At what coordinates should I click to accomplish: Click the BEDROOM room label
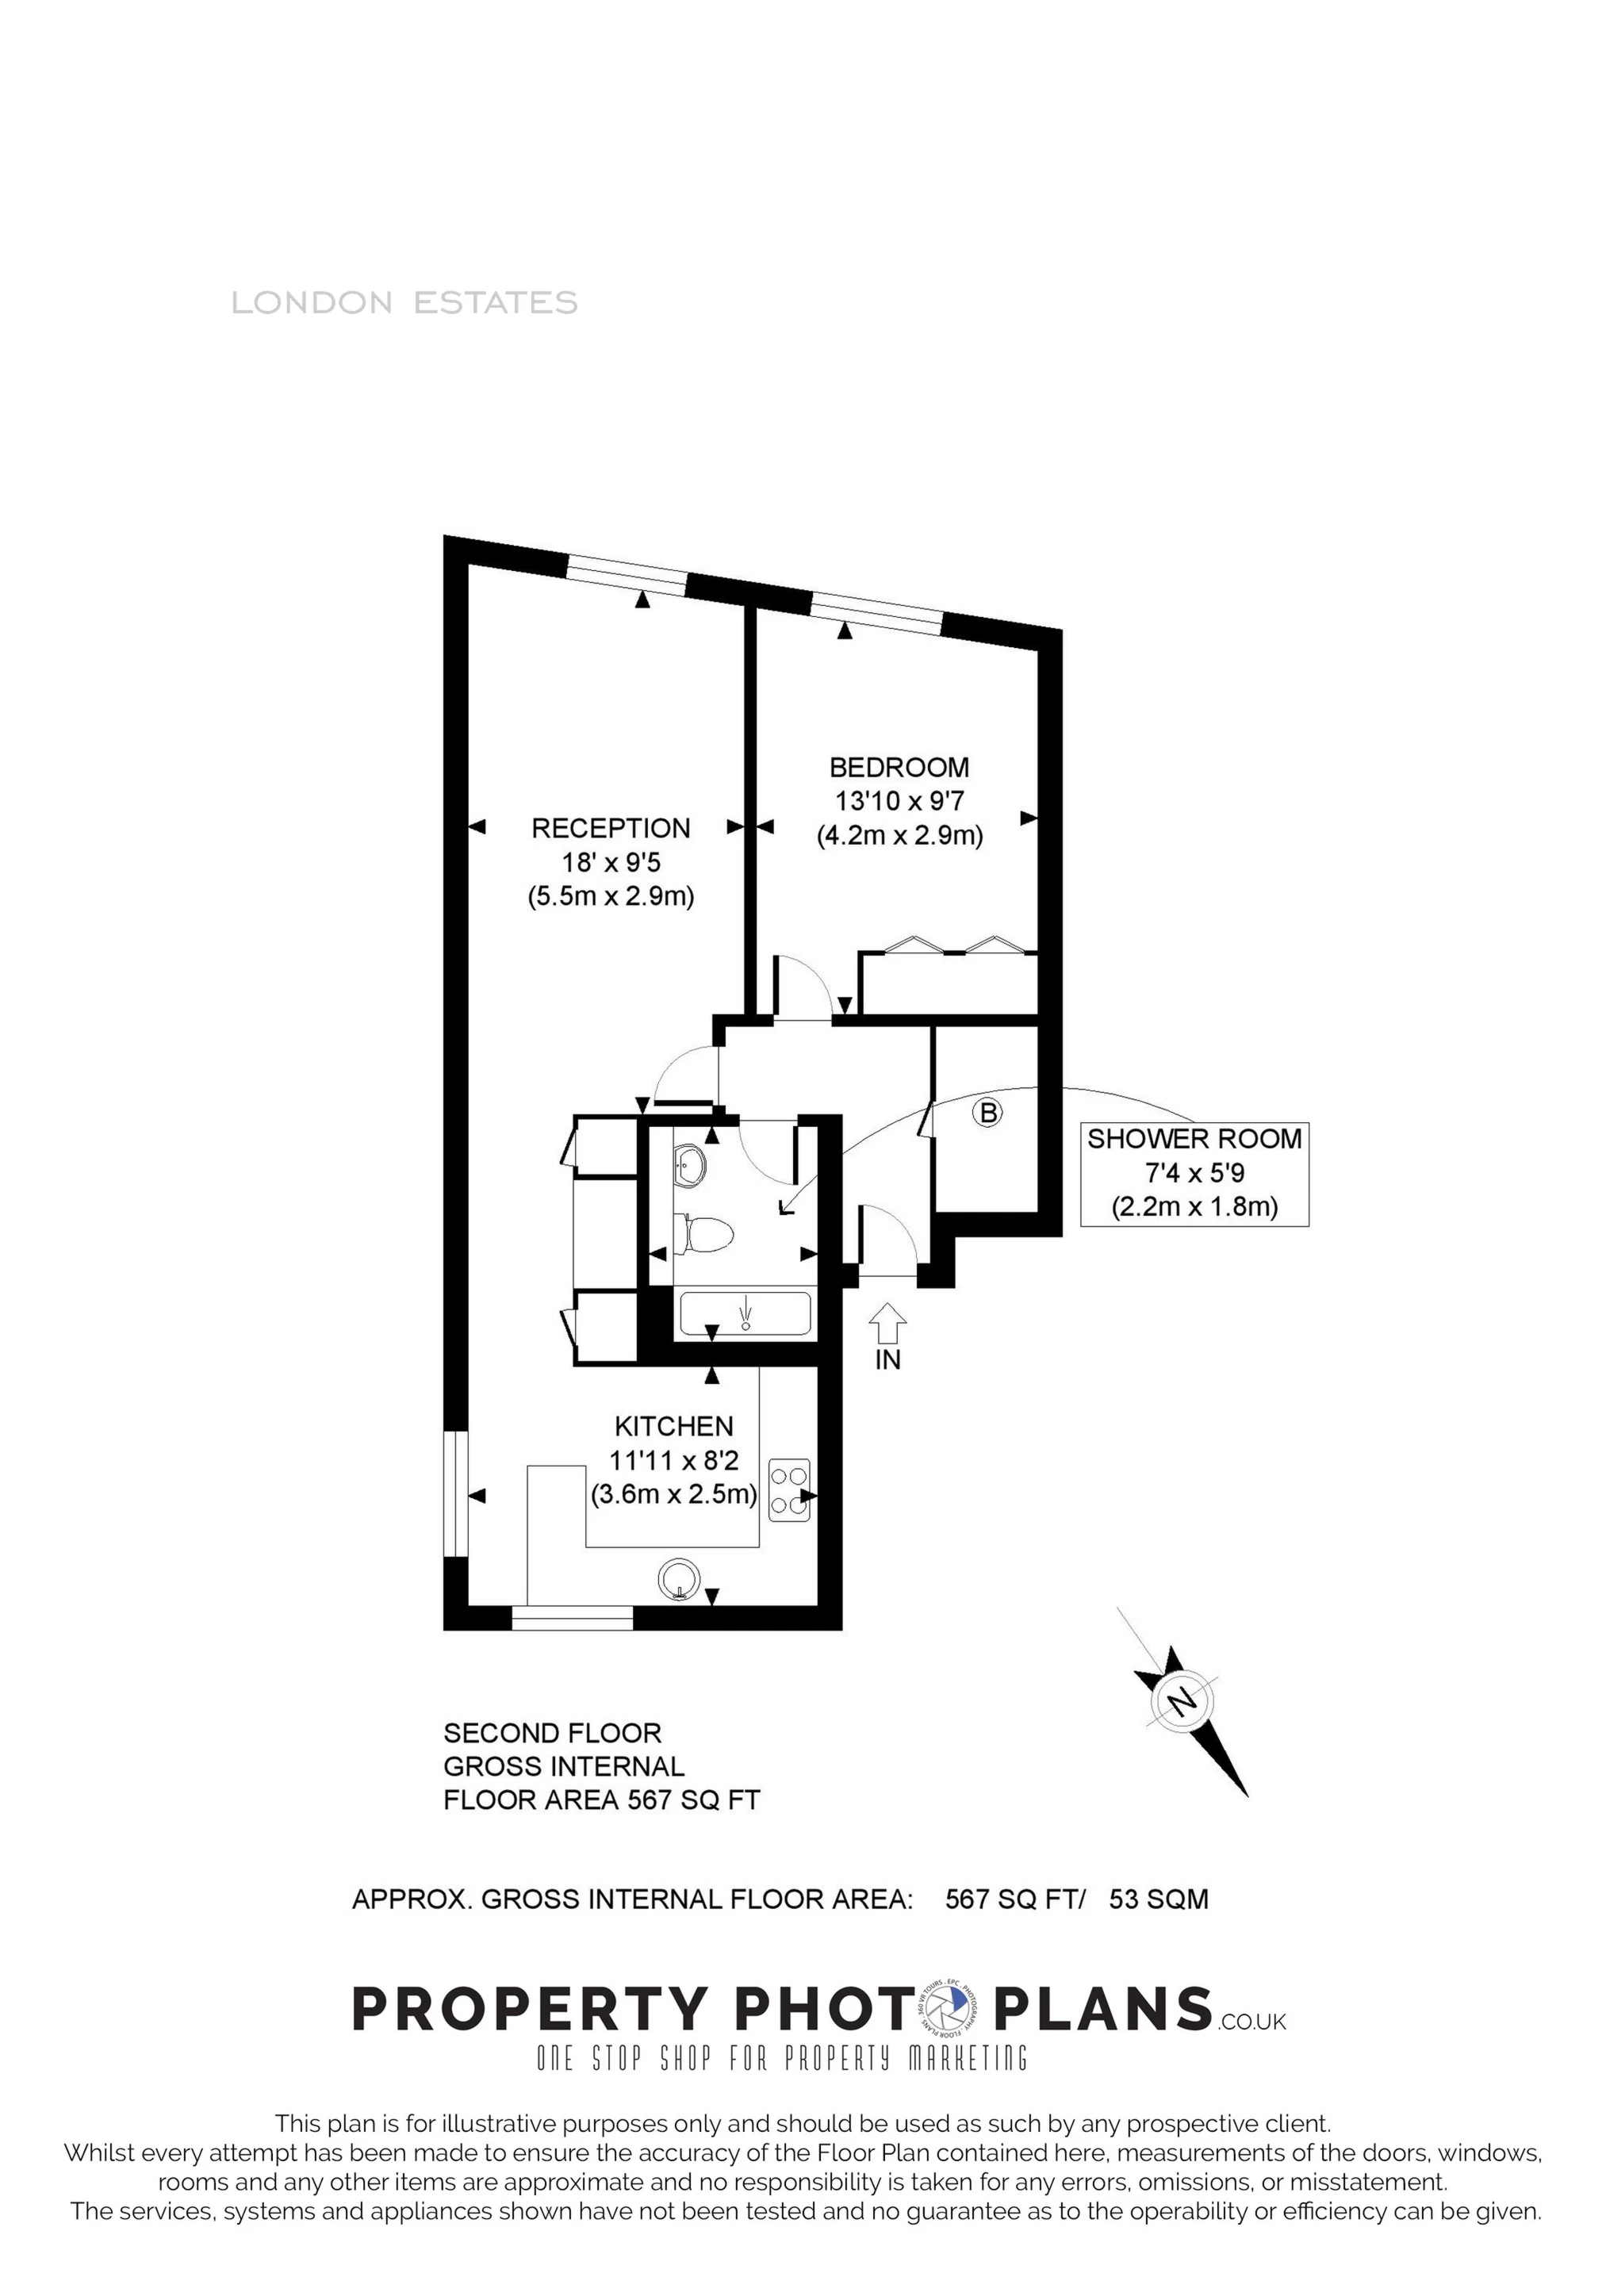tap(899, 767)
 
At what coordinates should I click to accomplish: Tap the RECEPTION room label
tap(611, 829)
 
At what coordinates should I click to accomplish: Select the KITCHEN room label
tap(674, 1427)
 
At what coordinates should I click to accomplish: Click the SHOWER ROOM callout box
tap(1194, 1174)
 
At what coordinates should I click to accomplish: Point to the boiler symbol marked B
tap(987, 1113)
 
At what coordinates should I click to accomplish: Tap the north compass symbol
tap(1183, 1702)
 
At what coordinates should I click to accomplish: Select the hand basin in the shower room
tap(689, 1165)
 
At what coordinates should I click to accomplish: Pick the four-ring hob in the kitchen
tap(789, 1490)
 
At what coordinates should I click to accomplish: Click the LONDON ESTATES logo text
tap(404, 303)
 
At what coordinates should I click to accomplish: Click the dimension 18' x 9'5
tap(611, 862)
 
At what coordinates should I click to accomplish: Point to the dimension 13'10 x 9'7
tap(899, 801)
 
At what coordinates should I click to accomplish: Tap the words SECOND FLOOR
tap(553, 1734)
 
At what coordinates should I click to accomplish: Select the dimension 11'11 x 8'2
tap(674, 1460)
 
